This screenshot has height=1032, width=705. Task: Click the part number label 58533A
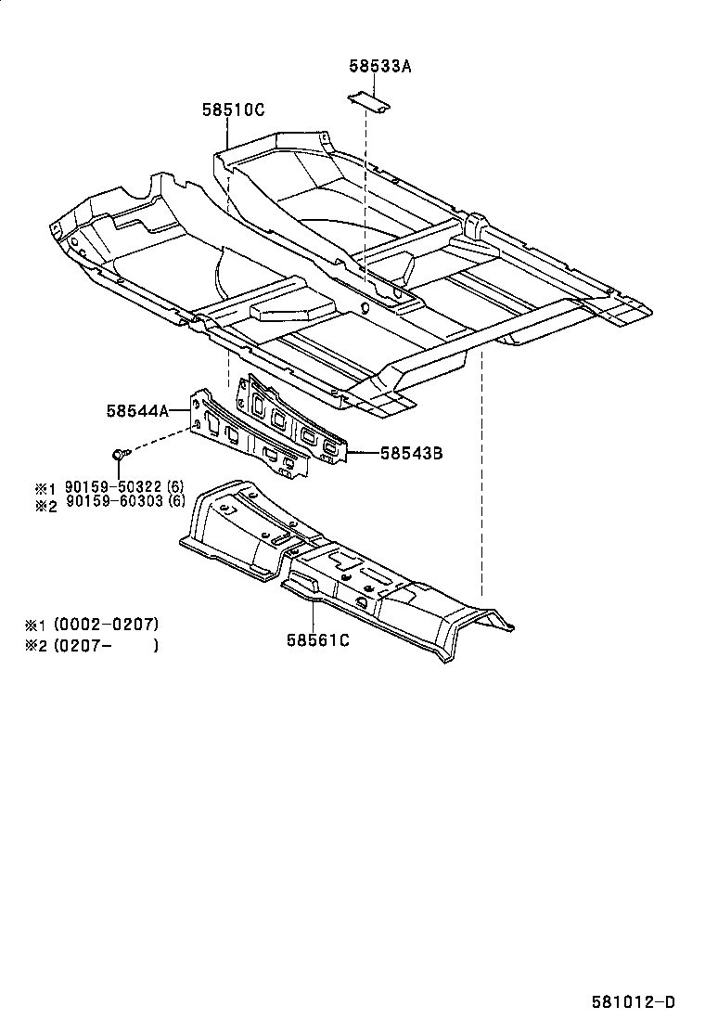(380, 66)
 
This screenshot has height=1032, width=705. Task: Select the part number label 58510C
(234, 110)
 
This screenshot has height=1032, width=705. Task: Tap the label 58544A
(137, 411)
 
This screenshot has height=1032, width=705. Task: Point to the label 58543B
(411, 453)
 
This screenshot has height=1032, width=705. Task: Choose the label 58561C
(317, 639)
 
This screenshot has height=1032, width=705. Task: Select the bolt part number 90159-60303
(114, 501)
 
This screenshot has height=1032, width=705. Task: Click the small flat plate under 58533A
(368, 101)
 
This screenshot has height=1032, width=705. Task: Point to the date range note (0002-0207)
(106, 624)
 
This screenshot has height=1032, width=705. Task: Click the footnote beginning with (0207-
(106, 645)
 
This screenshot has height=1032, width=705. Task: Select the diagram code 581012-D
(634, 1002)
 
